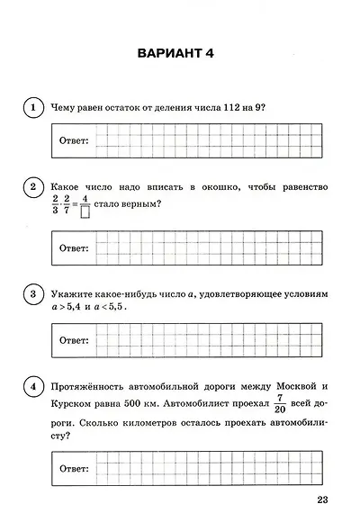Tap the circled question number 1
[32, 109]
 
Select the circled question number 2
[32, 187]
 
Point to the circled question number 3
[32, 295]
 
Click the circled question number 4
[32, 388]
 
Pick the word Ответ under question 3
[74, 341]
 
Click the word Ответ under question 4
[74, 469]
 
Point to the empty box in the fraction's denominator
[85, 213]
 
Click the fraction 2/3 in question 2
[56, 204]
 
